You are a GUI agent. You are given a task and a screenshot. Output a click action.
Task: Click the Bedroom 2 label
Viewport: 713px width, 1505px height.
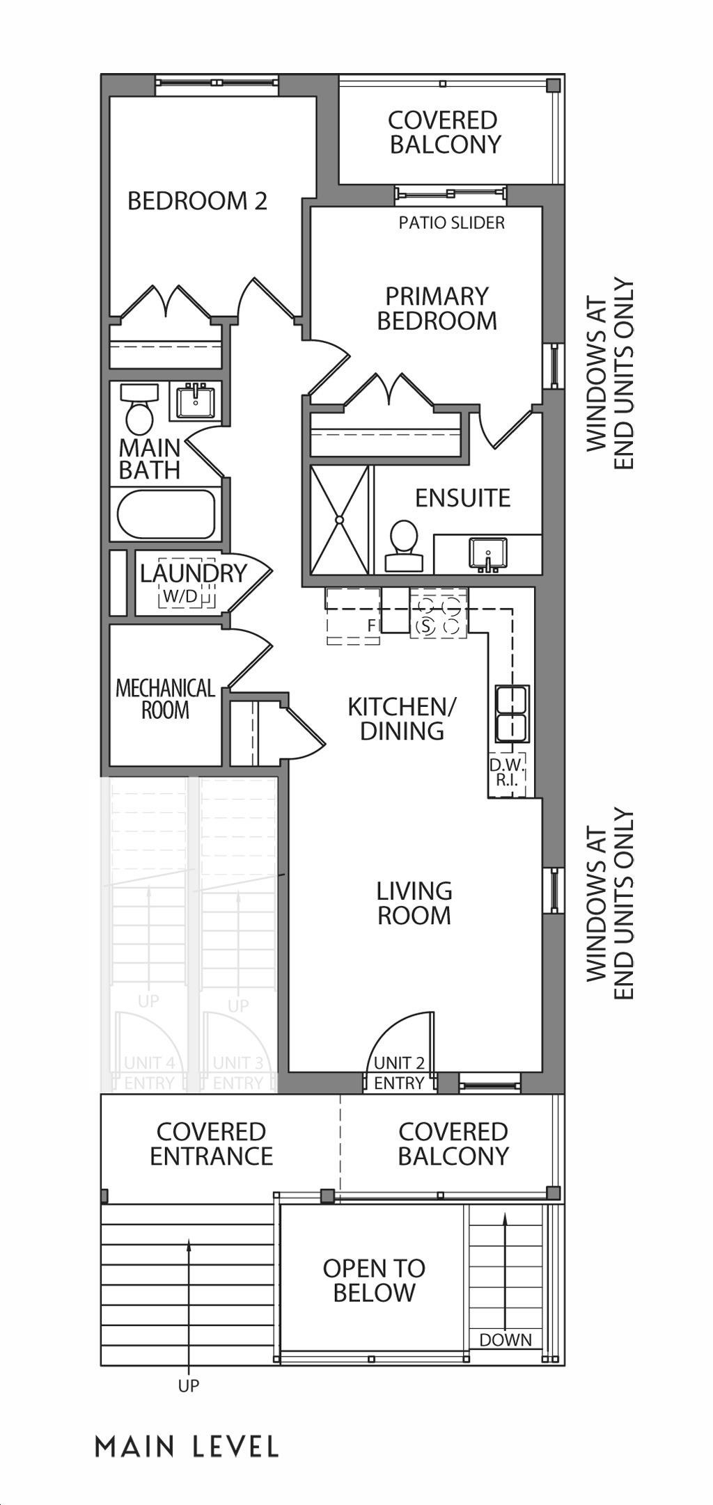(x=197, y=201)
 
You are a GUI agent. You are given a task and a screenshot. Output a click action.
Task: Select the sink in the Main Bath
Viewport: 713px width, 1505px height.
(x=196, y=401)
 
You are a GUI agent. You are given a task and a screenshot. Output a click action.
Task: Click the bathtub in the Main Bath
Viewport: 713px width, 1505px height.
(x=166, y=513)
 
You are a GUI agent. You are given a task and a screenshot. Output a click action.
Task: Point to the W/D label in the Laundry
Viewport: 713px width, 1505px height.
(x=180, y=596)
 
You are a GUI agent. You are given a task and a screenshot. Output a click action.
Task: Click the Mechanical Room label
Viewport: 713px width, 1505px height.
(x=165, y=699)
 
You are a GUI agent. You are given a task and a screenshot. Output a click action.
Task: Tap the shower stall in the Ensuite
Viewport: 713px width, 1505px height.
(x=339, y=520)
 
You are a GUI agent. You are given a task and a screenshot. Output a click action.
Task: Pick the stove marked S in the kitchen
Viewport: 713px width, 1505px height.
(x=438, y=612)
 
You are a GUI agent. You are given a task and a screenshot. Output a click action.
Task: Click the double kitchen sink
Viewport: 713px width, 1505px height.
(x=512, y=712)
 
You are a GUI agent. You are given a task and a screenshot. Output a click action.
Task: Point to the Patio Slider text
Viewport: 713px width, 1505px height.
(x=452, y=223)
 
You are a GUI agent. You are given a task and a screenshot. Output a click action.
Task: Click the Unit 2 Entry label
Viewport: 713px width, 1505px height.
(x=399, y=1073)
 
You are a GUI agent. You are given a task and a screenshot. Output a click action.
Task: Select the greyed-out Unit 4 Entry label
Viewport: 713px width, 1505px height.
(x=150, y=1073)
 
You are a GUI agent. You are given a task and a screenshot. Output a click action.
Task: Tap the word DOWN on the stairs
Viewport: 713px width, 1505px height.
(x=506, y=1339)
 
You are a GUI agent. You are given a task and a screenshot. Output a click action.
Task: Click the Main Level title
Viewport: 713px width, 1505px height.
(x=187, y=1447)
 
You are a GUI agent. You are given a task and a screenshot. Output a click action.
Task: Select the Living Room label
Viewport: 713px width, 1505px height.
(x=414, y=902)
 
